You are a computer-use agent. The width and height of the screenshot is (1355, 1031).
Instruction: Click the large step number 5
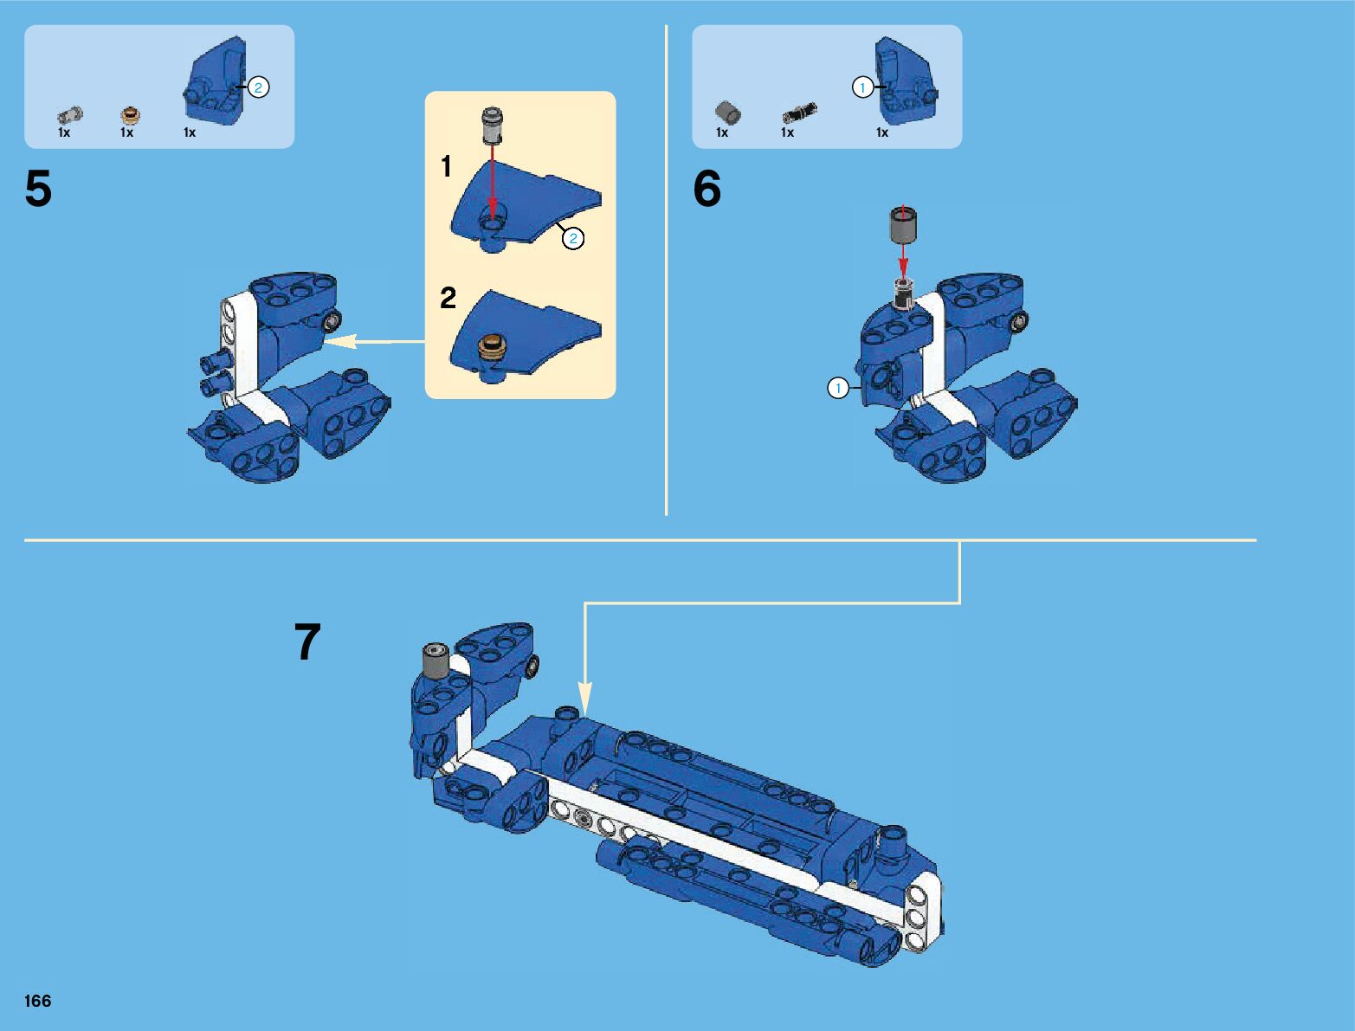point(38,189)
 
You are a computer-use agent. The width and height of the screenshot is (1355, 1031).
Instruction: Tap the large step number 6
point(707,189)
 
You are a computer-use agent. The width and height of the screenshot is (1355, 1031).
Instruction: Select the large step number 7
point(307,641)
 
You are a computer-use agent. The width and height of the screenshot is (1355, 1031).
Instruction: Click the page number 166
point(37,1000)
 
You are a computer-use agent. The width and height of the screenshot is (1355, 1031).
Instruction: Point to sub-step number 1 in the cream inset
point(446,166)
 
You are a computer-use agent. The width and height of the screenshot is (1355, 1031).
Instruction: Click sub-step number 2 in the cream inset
point(448,298)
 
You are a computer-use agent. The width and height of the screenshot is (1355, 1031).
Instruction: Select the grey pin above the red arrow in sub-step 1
point(492,126)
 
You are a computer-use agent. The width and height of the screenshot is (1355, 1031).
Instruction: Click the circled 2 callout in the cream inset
point(573,239)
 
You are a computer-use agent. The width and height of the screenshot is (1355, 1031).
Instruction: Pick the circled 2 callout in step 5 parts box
point(258,87)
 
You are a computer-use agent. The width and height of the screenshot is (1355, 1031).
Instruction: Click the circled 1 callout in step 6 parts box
point(862,87)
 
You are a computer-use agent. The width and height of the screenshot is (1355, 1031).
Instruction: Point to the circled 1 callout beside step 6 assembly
point(838,388)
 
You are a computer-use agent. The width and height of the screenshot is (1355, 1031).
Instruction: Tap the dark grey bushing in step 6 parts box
point(728,113)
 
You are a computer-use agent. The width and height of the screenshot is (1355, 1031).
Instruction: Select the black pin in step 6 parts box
point(799,113)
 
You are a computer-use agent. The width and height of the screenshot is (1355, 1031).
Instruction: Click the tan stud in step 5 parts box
point(130,115)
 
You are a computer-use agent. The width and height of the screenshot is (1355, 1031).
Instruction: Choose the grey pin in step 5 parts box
point(70,115)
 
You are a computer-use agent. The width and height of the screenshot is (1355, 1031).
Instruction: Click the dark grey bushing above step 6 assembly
point(902,225)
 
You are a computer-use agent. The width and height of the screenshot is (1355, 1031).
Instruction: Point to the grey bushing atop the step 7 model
point(436,660)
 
